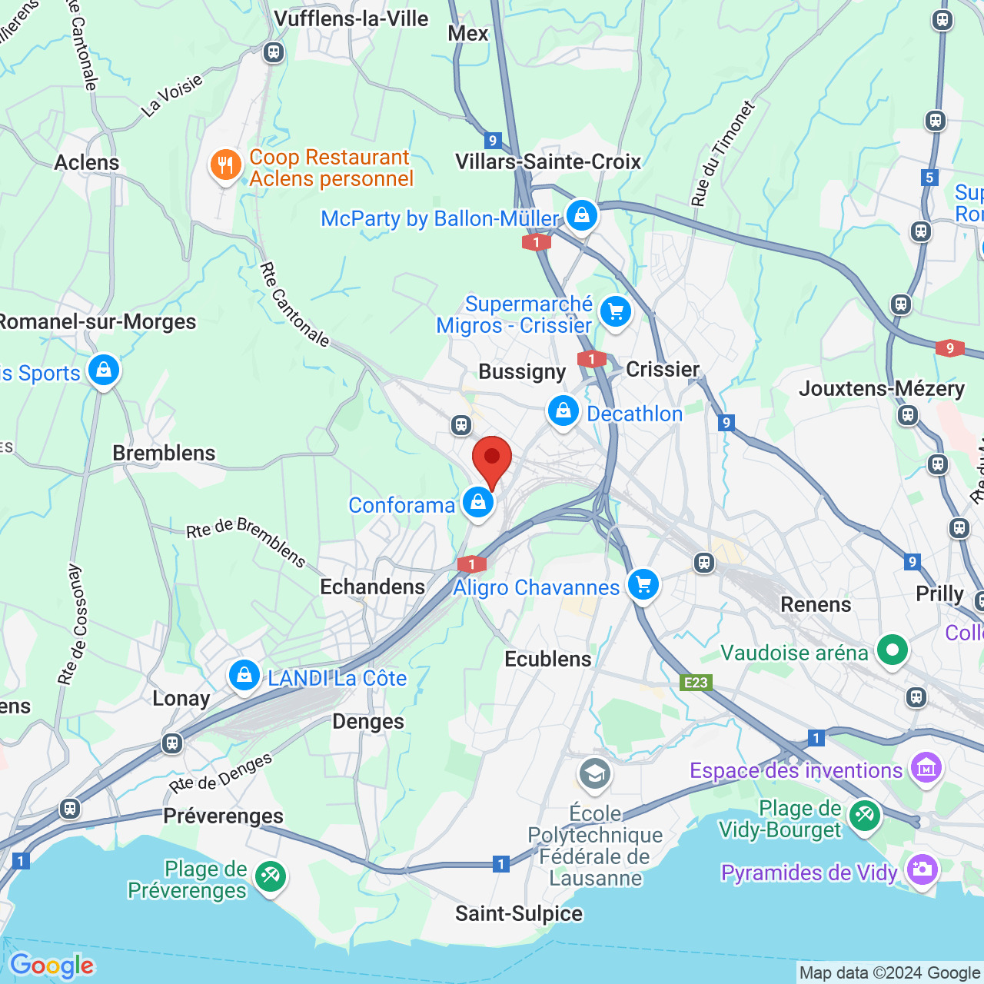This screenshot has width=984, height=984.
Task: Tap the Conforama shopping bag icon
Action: coord(478,504)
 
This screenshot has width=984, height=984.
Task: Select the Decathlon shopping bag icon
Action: coord(563,411)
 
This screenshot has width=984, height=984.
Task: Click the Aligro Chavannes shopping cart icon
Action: coord(643,585)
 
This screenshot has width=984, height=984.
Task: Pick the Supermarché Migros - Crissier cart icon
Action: coord(616,312)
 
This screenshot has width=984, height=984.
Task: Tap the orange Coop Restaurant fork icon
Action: coord(225,165)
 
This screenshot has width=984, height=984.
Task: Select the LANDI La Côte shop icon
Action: coord(244,676)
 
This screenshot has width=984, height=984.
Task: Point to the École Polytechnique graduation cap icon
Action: coord(595,774)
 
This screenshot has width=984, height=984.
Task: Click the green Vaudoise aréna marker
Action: coord(893,651)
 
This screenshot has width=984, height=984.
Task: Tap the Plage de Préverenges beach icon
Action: coord(271,877)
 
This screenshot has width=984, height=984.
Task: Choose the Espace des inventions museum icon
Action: coord(926,768)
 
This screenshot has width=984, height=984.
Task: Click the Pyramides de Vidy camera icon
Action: coord(922,870)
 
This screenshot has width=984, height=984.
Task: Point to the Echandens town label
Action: coord(372,587)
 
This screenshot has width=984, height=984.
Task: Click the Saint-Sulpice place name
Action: coord(519,913)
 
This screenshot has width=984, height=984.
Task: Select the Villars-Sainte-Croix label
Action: coord(548,161)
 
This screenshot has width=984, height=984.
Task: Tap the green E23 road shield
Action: coord(696,683)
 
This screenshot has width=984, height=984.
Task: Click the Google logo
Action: coord(52,966)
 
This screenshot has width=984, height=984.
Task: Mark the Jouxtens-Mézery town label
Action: coord(881,389)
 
